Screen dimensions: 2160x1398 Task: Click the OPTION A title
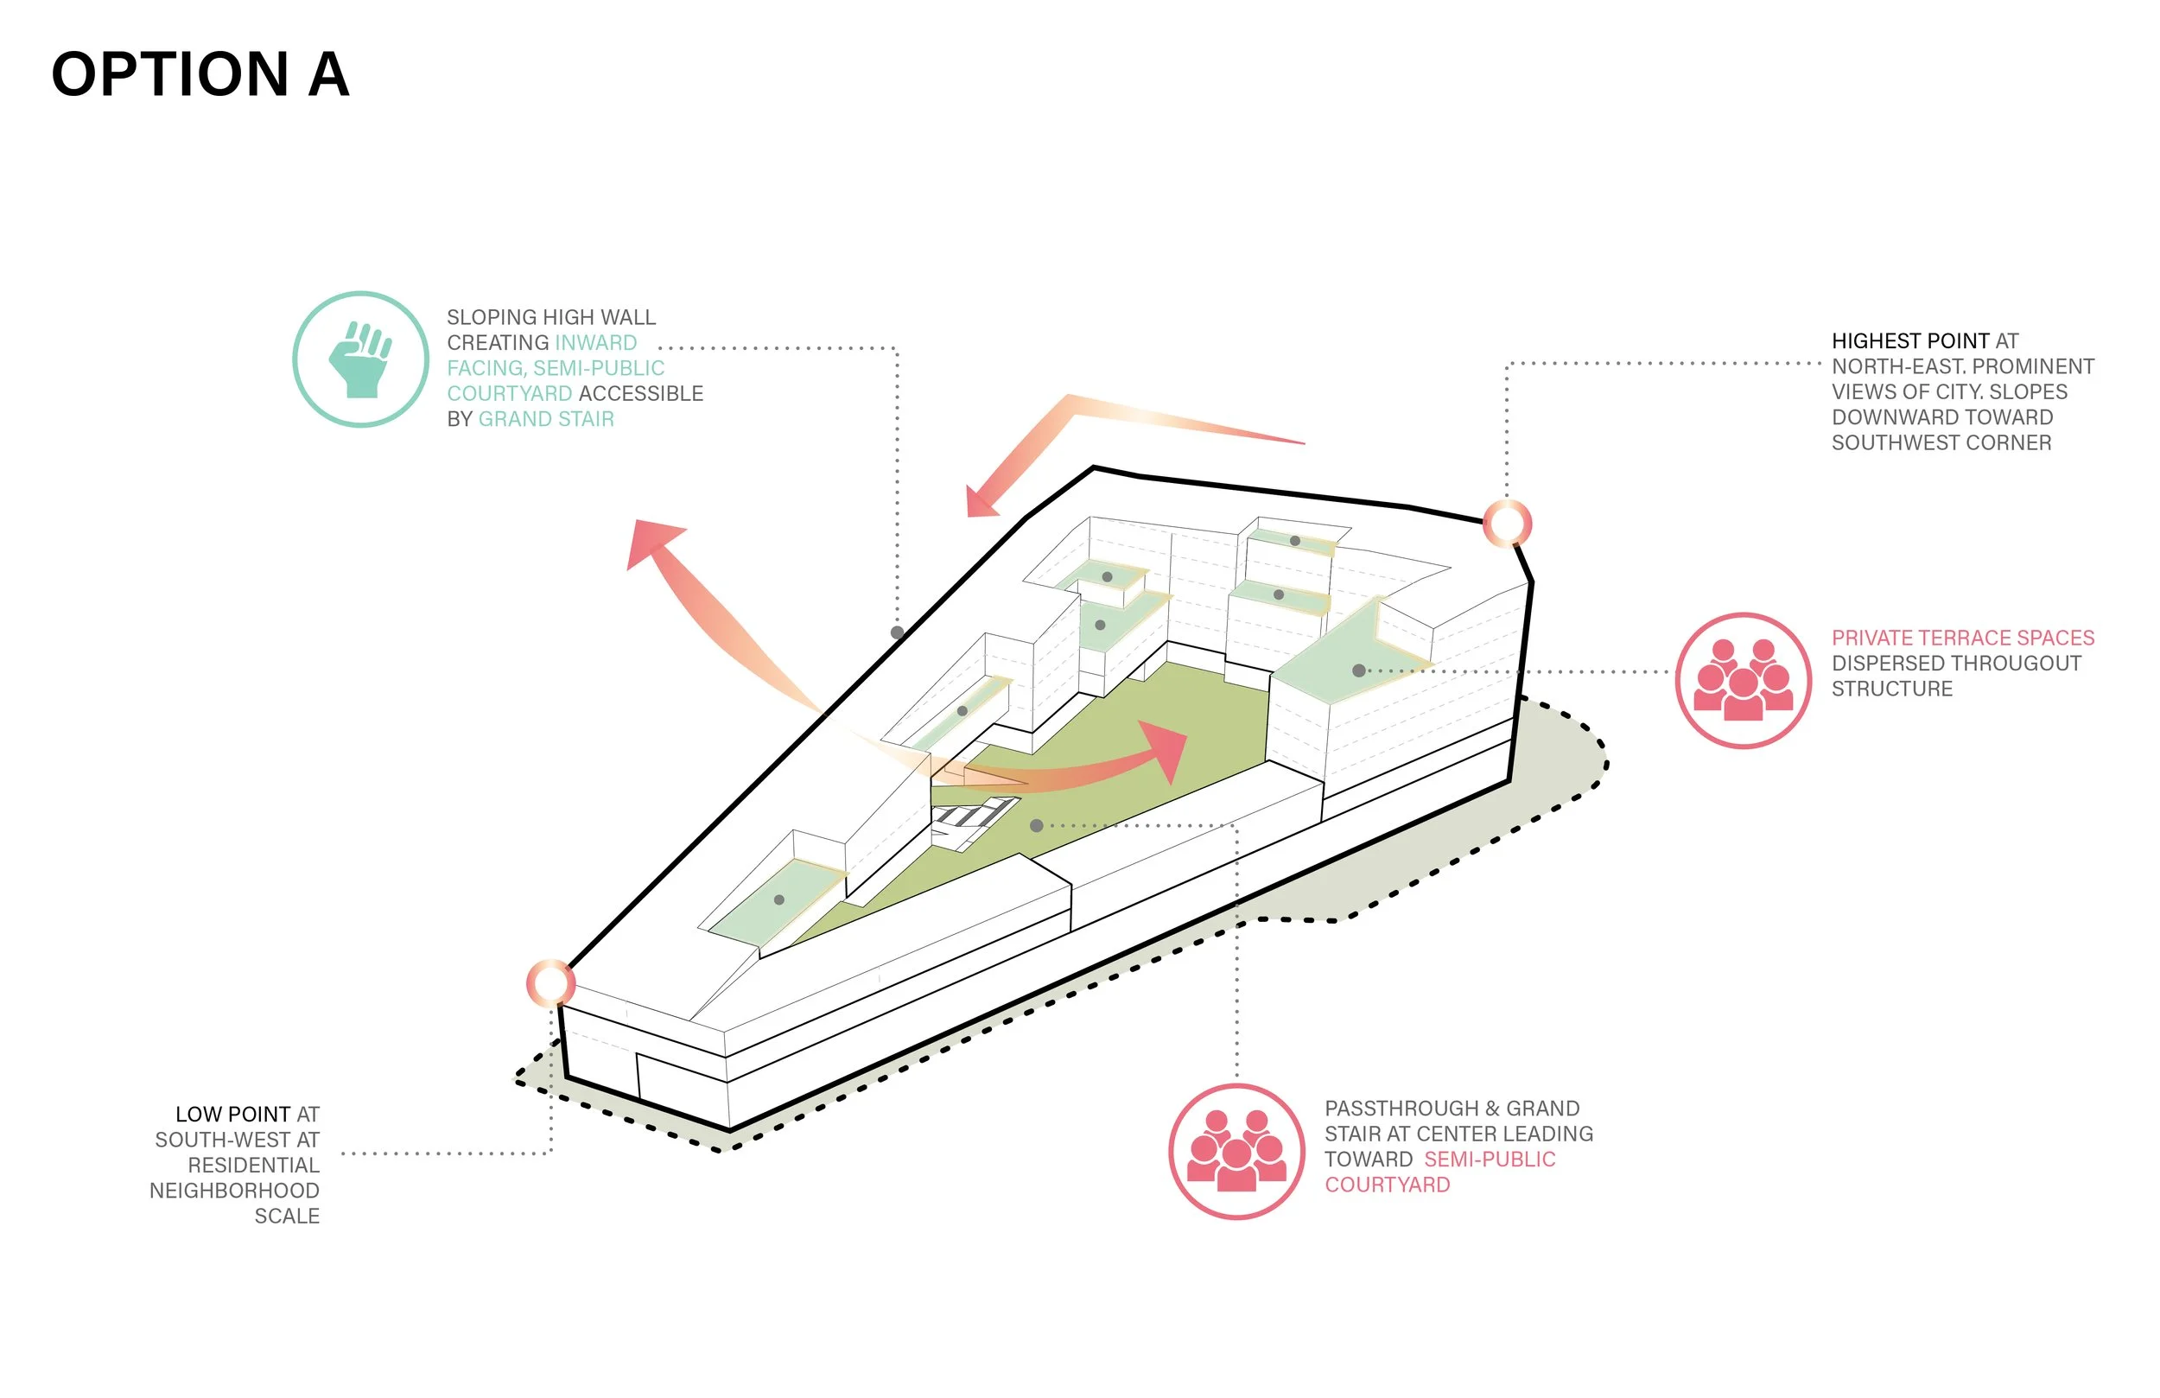(x=200, y=74)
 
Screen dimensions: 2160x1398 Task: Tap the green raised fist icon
(x=360, y=359)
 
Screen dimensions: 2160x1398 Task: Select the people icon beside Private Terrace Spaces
(x=1743, y=681)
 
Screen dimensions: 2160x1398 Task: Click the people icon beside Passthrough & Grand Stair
(x=1236, y=1151)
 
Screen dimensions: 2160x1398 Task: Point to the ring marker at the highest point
(x=1508, y=524)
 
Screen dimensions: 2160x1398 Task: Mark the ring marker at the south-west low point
(x=551, y=983)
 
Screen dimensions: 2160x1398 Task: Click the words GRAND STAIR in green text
(x=546, y=419)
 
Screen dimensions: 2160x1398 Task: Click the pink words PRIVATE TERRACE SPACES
(x=1962, y=639)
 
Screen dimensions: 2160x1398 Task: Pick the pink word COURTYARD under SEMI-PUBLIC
(x=1387, y=1185)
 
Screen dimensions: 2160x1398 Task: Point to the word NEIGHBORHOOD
(x=234, y=1191)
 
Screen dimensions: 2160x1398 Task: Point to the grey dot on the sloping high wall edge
(x=897, y=632)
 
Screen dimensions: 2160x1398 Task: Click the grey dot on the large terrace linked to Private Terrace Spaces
(x=1358, y=670)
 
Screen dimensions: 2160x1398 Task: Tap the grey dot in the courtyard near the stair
(x=1037, y=826)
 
